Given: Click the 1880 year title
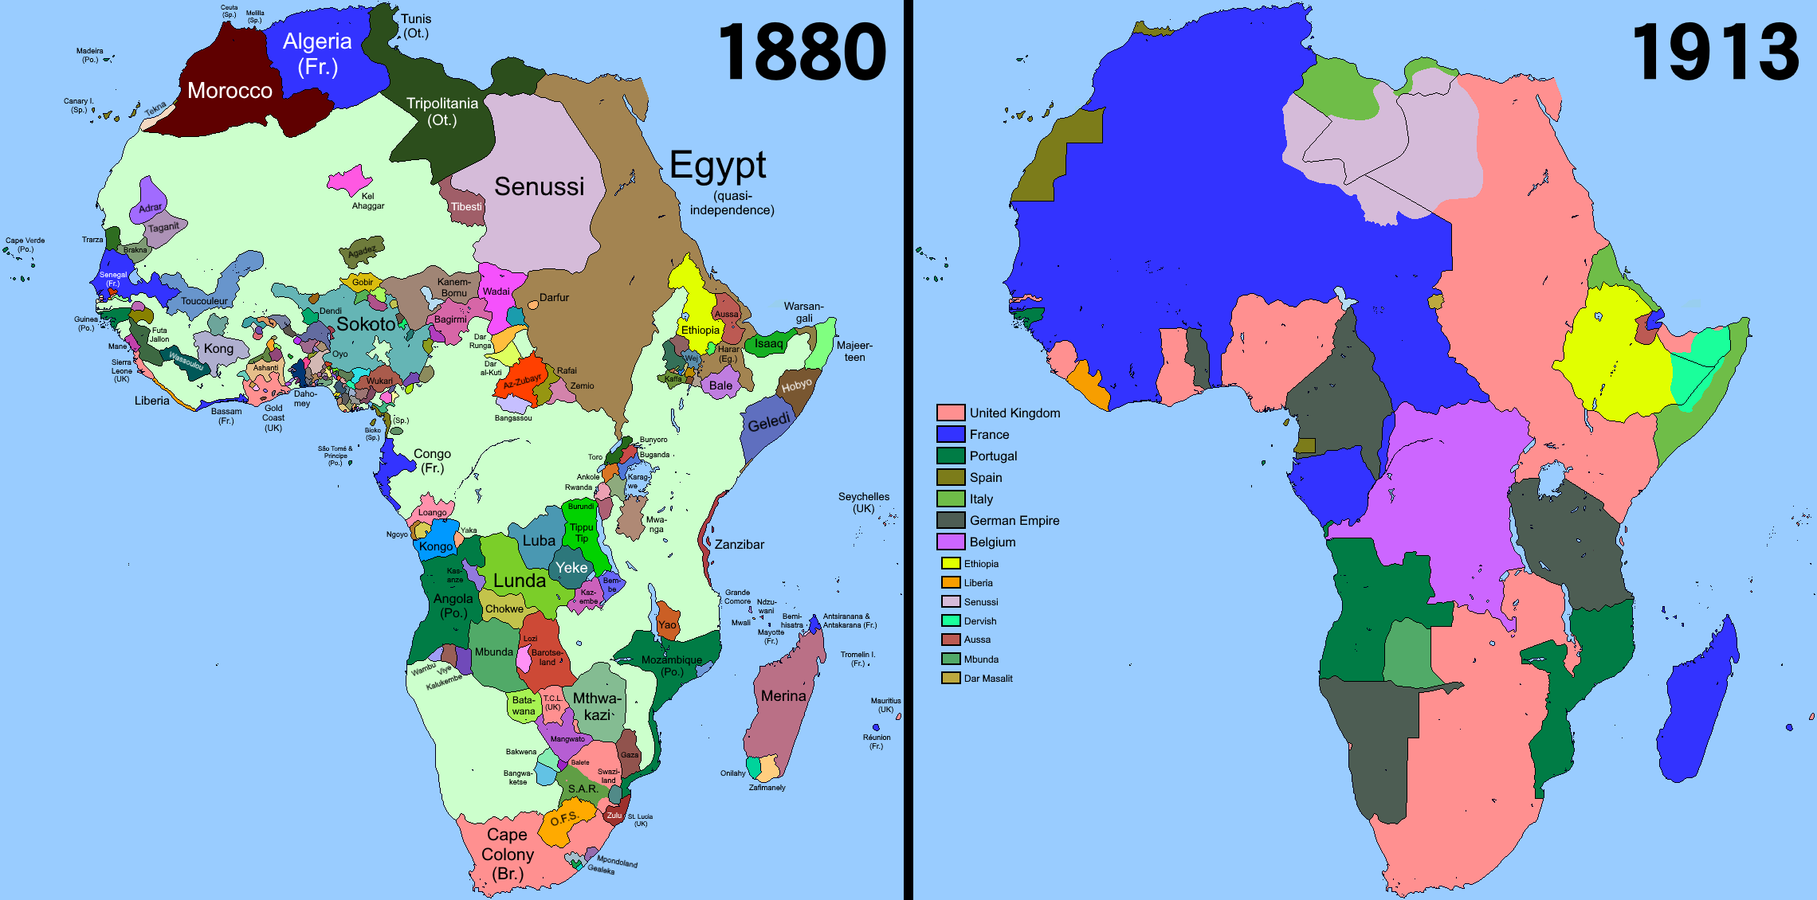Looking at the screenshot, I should (802, 53).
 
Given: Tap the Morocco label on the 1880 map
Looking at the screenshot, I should (230, 91).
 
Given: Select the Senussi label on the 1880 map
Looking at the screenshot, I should (539, 186).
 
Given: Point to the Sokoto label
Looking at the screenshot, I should (365, 324).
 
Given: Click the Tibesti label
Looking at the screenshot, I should (466, 207).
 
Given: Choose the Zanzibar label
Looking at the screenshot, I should (739, 545).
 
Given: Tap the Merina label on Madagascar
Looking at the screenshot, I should (783, 696).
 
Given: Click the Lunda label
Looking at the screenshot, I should (519, 581).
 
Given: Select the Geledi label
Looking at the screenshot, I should (768, 423).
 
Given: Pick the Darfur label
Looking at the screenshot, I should (554, 298).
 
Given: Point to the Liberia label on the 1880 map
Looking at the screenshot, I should (151, 401).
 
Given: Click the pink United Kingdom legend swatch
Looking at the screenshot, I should (950, 413).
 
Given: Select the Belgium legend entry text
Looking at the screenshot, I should (992, 542).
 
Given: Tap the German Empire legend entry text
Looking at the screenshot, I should (1014, 520).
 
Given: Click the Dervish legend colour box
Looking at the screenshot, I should (950, 620).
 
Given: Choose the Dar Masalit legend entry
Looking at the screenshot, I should (987, 679).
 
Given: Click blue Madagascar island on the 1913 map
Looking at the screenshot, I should (1697, 701).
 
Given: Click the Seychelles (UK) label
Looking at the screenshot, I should (863, 503).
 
